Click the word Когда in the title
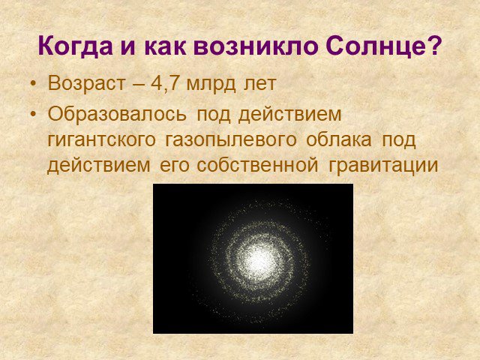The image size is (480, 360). coord(75,46)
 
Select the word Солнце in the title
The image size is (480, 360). coord(375,46)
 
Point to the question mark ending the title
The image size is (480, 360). coord(434,45)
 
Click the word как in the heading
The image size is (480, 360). coord(164,46)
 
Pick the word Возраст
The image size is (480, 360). coord(87,83)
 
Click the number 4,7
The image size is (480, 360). coord(164,83)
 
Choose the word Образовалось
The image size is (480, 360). coord(117,114)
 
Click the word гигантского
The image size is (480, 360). coord(102,140)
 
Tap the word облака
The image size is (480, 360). coord(339,139)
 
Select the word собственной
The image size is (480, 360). coord(257,165)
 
